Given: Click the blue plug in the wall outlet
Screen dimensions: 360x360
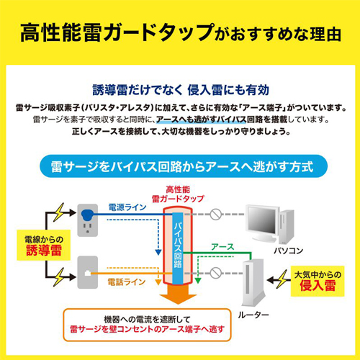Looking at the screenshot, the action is [x=88, y=215].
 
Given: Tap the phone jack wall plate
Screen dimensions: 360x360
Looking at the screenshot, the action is [x=88, y=272].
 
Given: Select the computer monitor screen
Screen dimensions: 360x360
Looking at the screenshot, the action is [x=261, y=220].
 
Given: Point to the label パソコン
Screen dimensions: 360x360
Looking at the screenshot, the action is [x=289, y=251].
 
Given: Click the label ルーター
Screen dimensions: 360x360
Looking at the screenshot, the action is [x=253, y=315].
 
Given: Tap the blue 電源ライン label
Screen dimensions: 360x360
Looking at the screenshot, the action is [x=127, y=207].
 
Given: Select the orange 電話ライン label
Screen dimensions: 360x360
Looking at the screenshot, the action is [x=127, y=282].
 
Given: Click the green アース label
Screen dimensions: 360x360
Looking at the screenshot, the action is [x=222, y=246].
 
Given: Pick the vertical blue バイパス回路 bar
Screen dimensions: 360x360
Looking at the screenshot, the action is [x=178, y=248].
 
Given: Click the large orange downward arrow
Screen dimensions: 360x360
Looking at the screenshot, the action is [x=178, y=294].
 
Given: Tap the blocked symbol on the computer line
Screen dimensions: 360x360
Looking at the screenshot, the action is [x=215, y=214].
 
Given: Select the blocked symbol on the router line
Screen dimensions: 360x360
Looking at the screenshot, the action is [x=215, y=273].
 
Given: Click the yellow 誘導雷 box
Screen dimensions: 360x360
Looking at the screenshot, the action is [x=43, y=245].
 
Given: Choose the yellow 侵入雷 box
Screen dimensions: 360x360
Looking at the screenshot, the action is [x=318, y=281].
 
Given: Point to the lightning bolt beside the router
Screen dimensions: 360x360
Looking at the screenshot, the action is [x=282, y=279].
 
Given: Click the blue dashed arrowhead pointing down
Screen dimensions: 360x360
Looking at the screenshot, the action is [x=158, y=252].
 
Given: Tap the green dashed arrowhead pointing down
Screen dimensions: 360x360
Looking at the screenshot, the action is [x=198, y=281].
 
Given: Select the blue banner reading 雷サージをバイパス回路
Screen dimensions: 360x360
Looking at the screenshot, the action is [x=184, y=166].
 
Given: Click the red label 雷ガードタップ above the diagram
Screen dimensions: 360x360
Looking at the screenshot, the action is [x=178, y=199].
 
